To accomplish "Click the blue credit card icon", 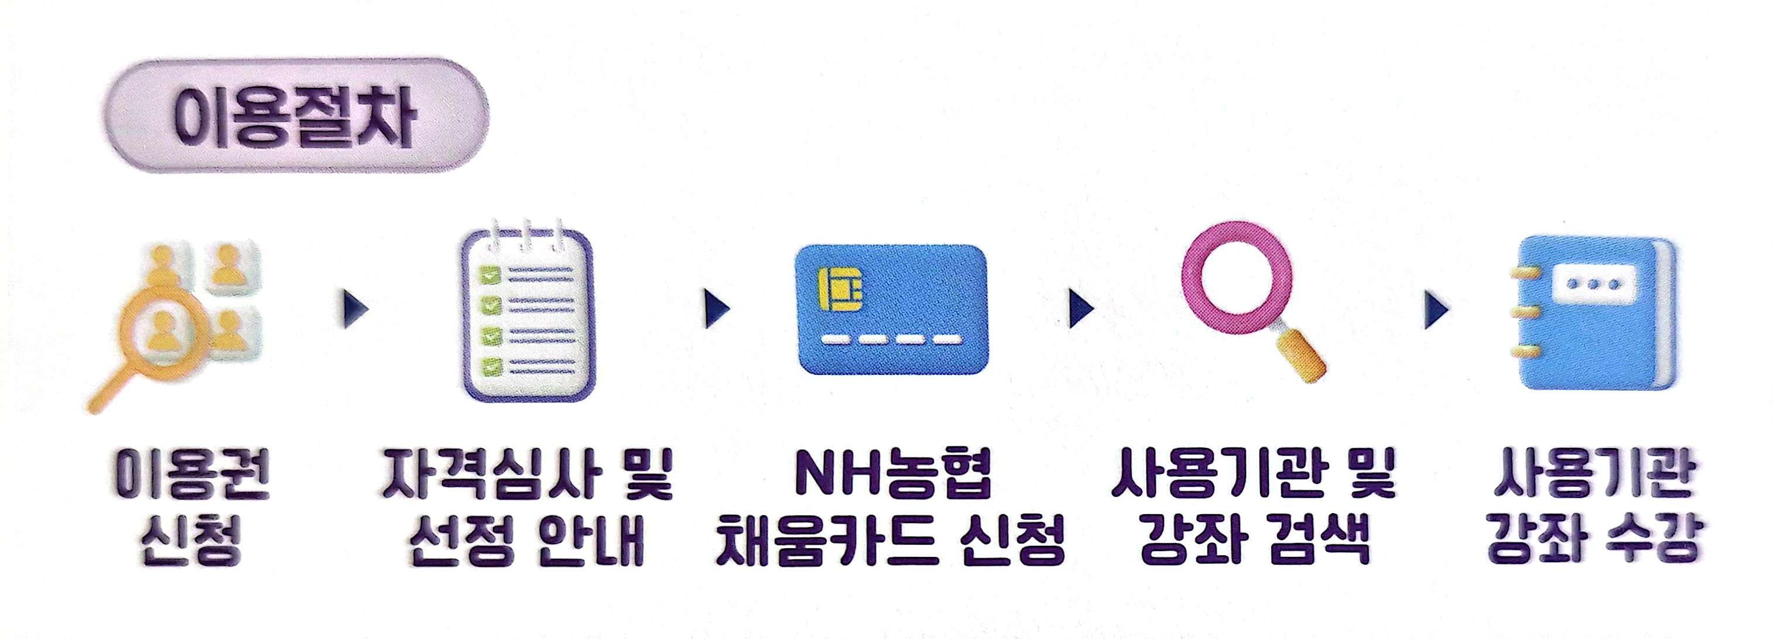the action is click(892, 309).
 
